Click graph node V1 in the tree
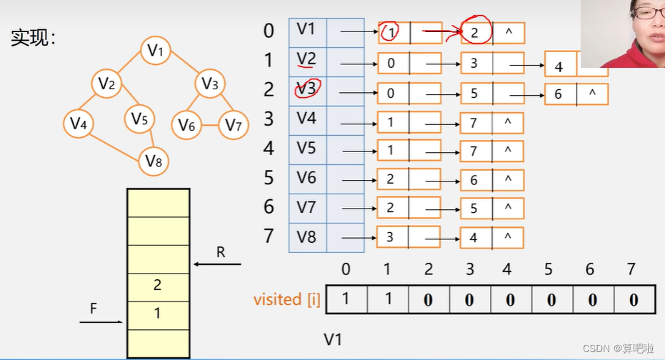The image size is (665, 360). point(156,50)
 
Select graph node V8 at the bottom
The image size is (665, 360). point(154,161)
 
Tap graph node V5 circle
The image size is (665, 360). point(139,119)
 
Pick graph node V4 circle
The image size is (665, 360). point(79,124)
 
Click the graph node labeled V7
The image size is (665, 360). point(234,125)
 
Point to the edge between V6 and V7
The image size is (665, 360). point(210,125)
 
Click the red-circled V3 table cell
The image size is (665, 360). point(307,89)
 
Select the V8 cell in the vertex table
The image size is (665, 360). point(307,236)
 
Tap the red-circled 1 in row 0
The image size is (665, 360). point(390,31)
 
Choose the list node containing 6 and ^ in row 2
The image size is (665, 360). point(576,94)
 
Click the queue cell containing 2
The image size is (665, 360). point(158,286)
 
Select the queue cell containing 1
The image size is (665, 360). point(158,314)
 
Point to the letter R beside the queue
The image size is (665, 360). point(220,251)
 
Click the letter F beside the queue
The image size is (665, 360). point(93,309)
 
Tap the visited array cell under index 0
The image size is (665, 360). point(346,299)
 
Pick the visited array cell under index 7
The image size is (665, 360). point(634,299)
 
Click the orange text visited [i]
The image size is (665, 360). point(287,299)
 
